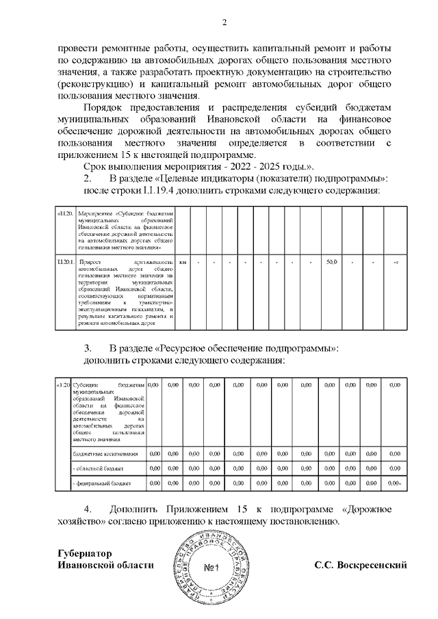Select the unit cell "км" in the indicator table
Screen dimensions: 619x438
[x=182, y=263]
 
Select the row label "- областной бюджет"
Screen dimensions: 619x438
[x=97, y=469]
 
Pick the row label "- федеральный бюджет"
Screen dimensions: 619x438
[x=100, y=484]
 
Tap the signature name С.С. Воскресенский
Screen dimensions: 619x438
[x=361, y=566]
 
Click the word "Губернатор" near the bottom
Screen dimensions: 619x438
[x=86, y=553]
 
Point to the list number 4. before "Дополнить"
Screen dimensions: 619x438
[x=88, y=510]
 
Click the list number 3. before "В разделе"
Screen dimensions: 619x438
[x=88, y=348]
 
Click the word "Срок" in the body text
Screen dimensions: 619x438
[x=96, y=167]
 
